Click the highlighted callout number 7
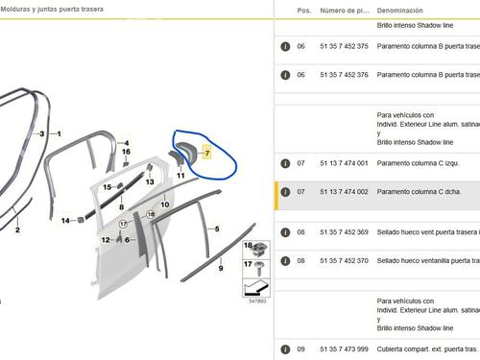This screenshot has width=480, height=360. coord(207,154)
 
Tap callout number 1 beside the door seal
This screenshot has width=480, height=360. coord(58,134)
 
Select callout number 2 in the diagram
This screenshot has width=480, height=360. coord(17,229)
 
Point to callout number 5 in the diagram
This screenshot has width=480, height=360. coord(217,229)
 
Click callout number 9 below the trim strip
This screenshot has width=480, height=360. coord(220,269)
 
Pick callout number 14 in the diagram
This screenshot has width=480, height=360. coord(66,221)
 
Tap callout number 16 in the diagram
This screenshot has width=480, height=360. coord(126,152)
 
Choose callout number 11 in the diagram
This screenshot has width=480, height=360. coord(180,176)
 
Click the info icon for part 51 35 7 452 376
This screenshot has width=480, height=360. coord(284,74)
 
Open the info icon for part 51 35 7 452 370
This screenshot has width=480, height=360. coord(284,260)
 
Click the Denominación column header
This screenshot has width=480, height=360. coord(400,10)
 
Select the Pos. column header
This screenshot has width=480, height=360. coord(303,10)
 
